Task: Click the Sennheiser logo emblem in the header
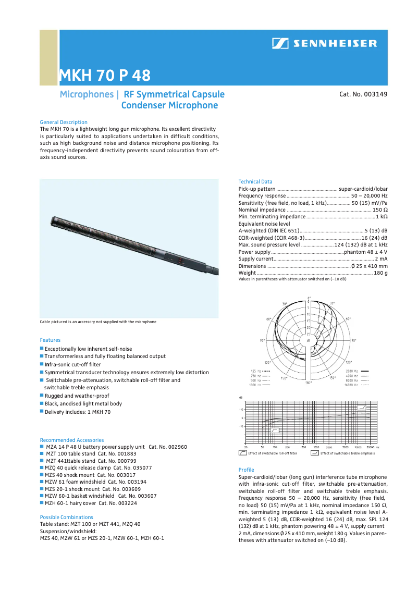coord(280,44)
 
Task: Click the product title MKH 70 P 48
coord(104,76)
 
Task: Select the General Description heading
coord(64,122)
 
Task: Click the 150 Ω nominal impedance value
coord(380,210)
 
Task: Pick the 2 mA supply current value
coord(380,258)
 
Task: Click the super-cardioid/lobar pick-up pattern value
coord(363,188)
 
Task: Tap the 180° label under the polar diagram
coord(309,383)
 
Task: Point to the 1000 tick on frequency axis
coord(316,447)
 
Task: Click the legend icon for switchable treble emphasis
coord(314,453)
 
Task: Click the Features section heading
coord(50,340)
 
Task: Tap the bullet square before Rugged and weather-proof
coord(42,396)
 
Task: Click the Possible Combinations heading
coord(66,517)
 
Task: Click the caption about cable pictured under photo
coord(98,322)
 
